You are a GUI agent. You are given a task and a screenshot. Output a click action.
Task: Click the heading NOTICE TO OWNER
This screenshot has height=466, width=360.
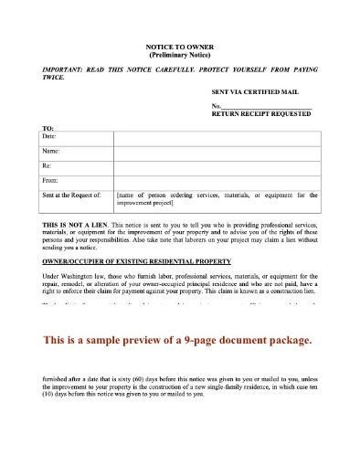click(x=179, y=46)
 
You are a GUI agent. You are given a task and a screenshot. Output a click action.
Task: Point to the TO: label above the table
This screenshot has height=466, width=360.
click(x=48, y=127)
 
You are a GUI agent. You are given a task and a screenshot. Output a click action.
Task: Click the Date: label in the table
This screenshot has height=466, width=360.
click(x=50, y=136)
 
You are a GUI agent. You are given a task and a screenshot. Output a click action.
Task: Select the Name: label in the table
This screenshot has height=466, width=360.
click(x=51, y=150)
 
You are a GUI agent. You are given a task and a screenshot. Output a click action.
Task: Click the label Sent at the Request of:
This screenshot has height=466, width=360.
click(x=70, y=195)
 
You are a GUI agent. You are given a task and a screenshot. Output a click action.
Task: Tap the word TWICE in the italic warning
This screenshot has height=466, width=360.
click(x=54, y=78)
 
